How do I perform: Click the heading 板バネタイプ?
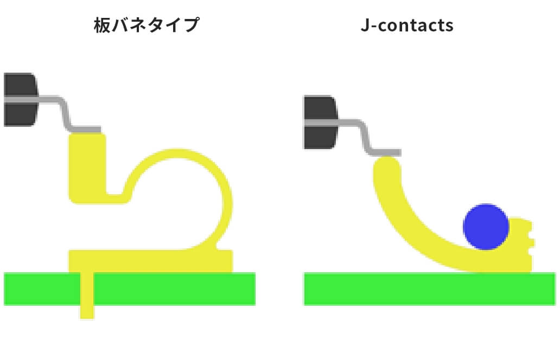[147, 25]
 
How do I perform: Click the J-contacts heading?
[407, 25]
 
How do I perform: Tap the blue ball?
[486, 227]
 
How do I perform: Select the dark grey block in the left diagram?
[21, 100]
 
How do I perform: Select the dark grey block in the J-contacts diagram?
[320, 122]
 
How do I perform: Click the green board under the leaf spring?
[130, 288]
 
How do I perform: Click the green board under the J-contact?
[430, 288]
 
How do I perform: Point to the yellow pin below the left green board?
[87, 312]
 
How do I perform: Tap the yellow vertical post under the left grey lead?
[87, 168]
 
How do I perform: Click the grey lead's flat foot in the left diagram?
[86, 130]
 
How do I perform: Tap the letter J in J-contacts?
[365, 25]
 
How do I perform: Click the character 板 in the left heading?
[102, 25]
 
